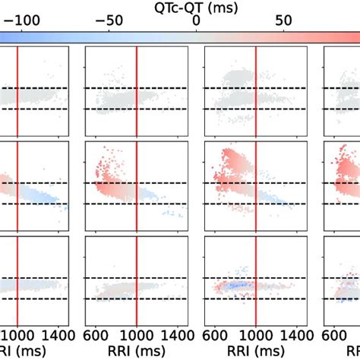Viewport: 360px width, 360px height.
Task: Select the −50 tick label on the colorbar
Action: point(108,21)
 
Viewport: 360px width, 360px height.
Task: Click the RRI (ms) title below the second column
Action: point(135,351)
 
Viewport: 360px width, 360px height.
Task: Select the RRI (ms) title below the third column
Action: point(255,351)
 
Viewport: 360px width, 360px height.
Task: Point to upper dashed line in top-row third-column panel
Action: point(256,88)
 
